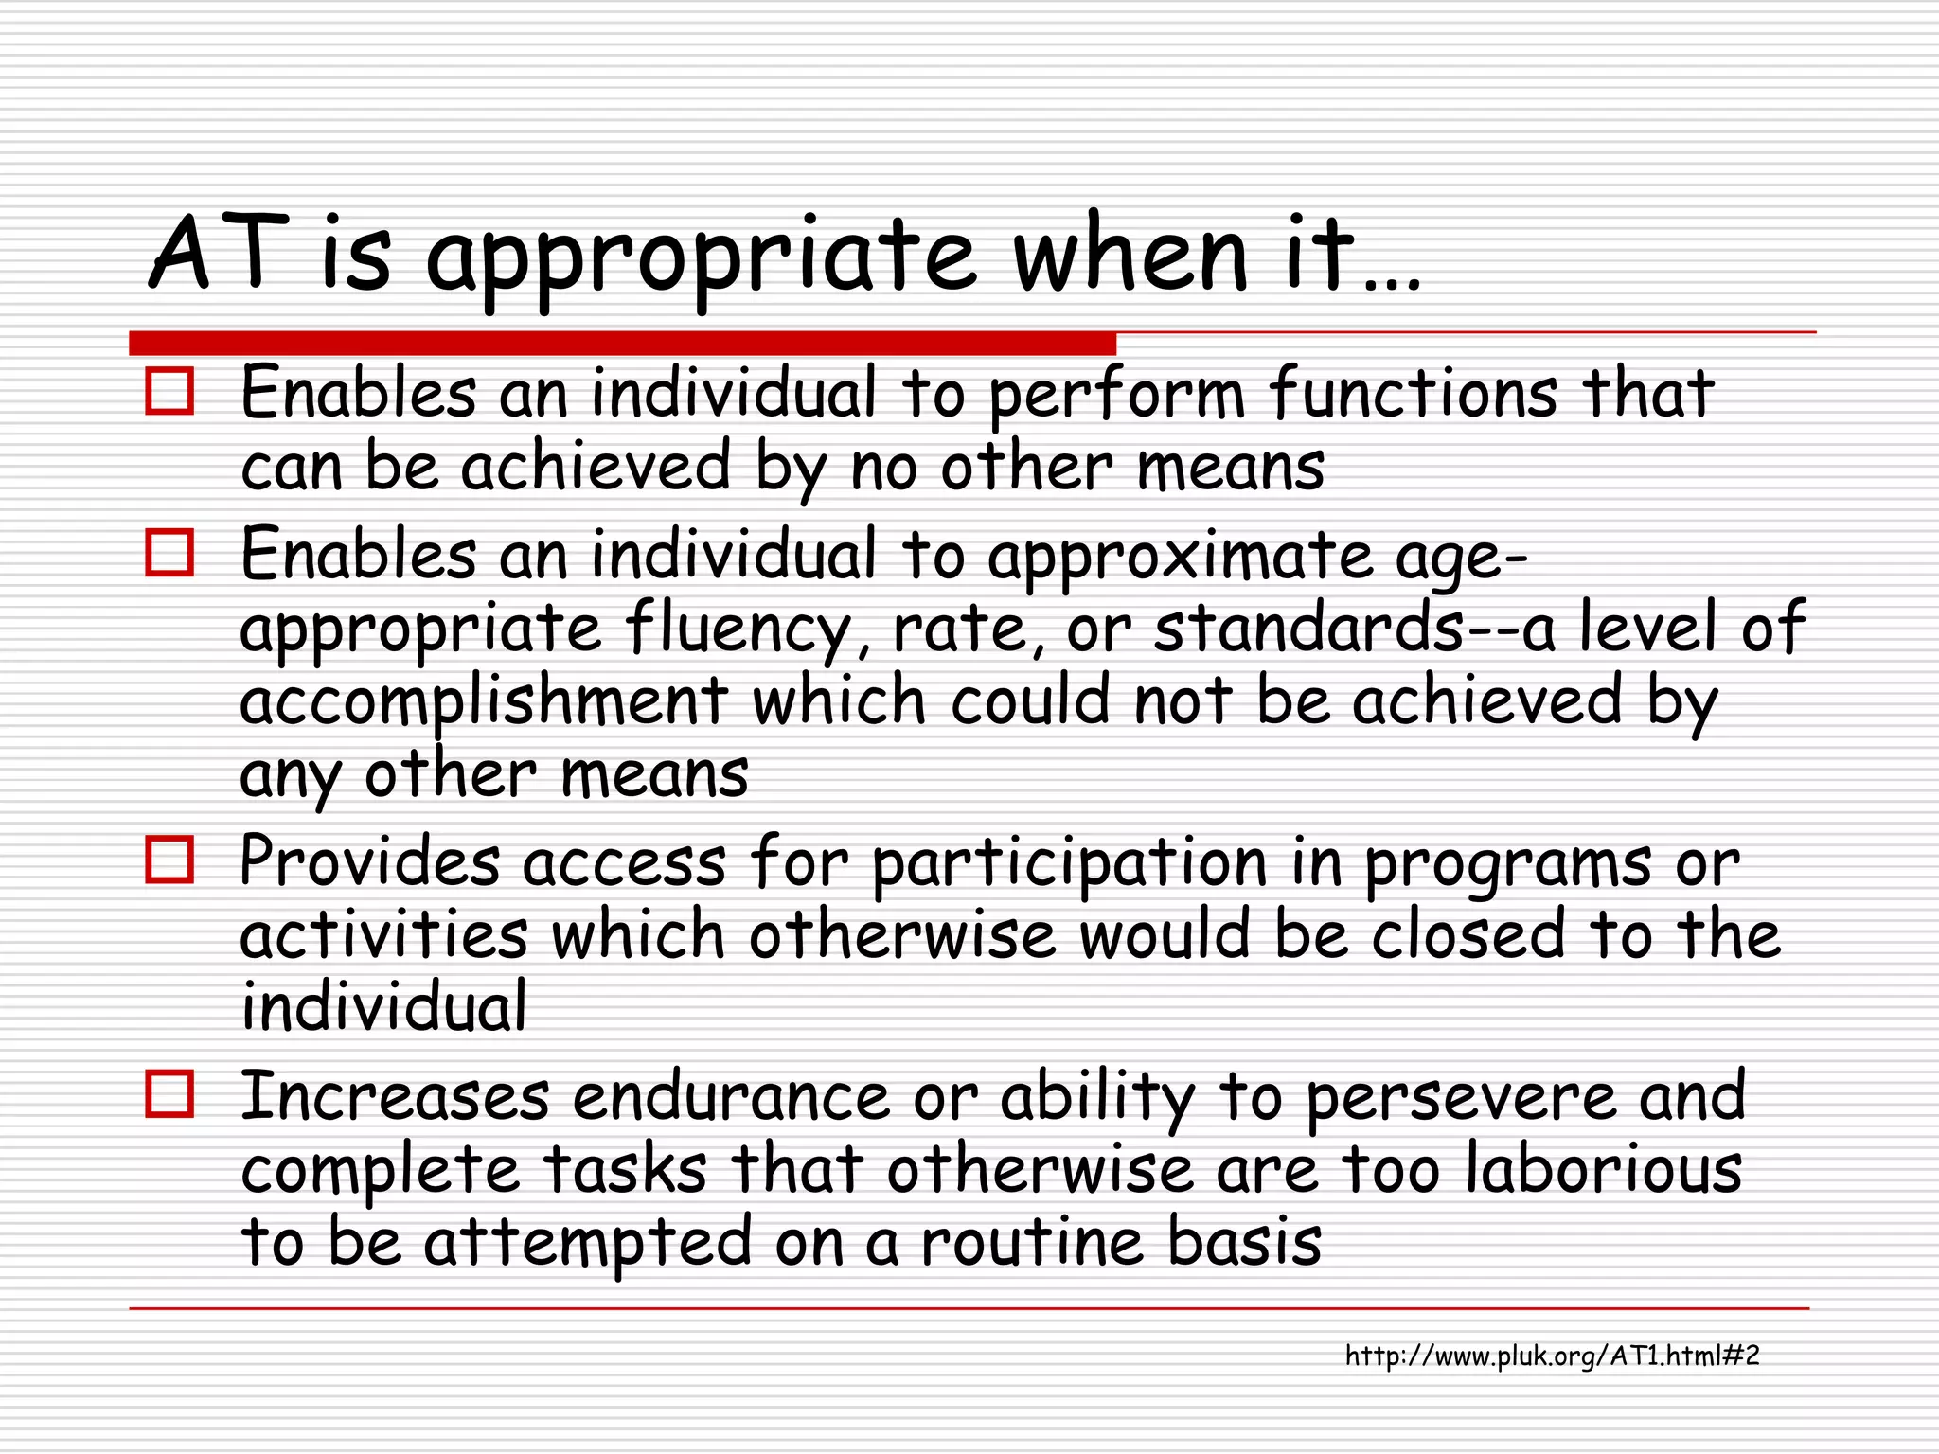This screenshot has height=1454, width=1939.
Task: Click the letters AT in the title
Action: click(219, 254)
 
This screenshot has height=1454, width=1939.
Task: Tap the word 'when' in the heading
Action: click(1130, 254)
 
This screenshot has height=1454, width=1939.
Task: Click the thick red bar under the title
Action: click(622, 343)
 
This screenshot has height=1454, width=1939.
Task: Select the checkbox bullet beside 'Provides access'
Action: click(169, 860)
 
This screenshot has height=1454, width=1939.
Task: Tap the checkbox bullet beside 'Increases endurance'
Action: click(169, 1094)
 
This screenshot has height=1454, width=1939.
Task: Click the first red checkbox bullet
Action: click(169, 391)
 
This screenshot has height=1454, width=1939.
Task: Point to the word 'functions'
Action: click(1413, 393)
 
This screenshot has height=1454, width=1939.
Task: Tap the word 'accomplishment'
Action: click(484, 701)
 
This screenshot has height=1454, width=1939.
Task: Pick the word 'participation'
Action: click(1069, 863)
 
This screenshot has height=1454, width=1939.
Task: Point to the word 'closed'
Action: click(1468, 935)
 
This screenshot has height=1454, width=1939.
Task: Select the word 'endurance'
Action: click(730, 1097)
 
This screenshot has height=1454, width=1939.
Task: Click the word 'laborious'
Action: click(1604, 1169)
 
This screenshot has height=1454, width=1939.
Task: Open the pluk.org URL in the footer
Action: click(1552, 1356)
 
